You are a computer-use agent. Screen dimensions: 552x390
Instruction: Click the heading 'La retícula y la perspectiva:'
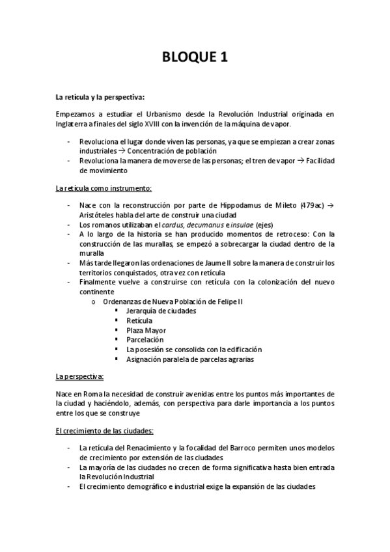[x=100, y=97]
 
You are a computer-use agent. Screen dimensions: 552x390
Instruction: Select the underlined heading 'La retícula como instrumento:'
[x=104, y=188]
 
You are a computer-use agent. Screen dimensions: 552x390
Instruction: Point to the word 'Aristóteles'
[x=98, y=215]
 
